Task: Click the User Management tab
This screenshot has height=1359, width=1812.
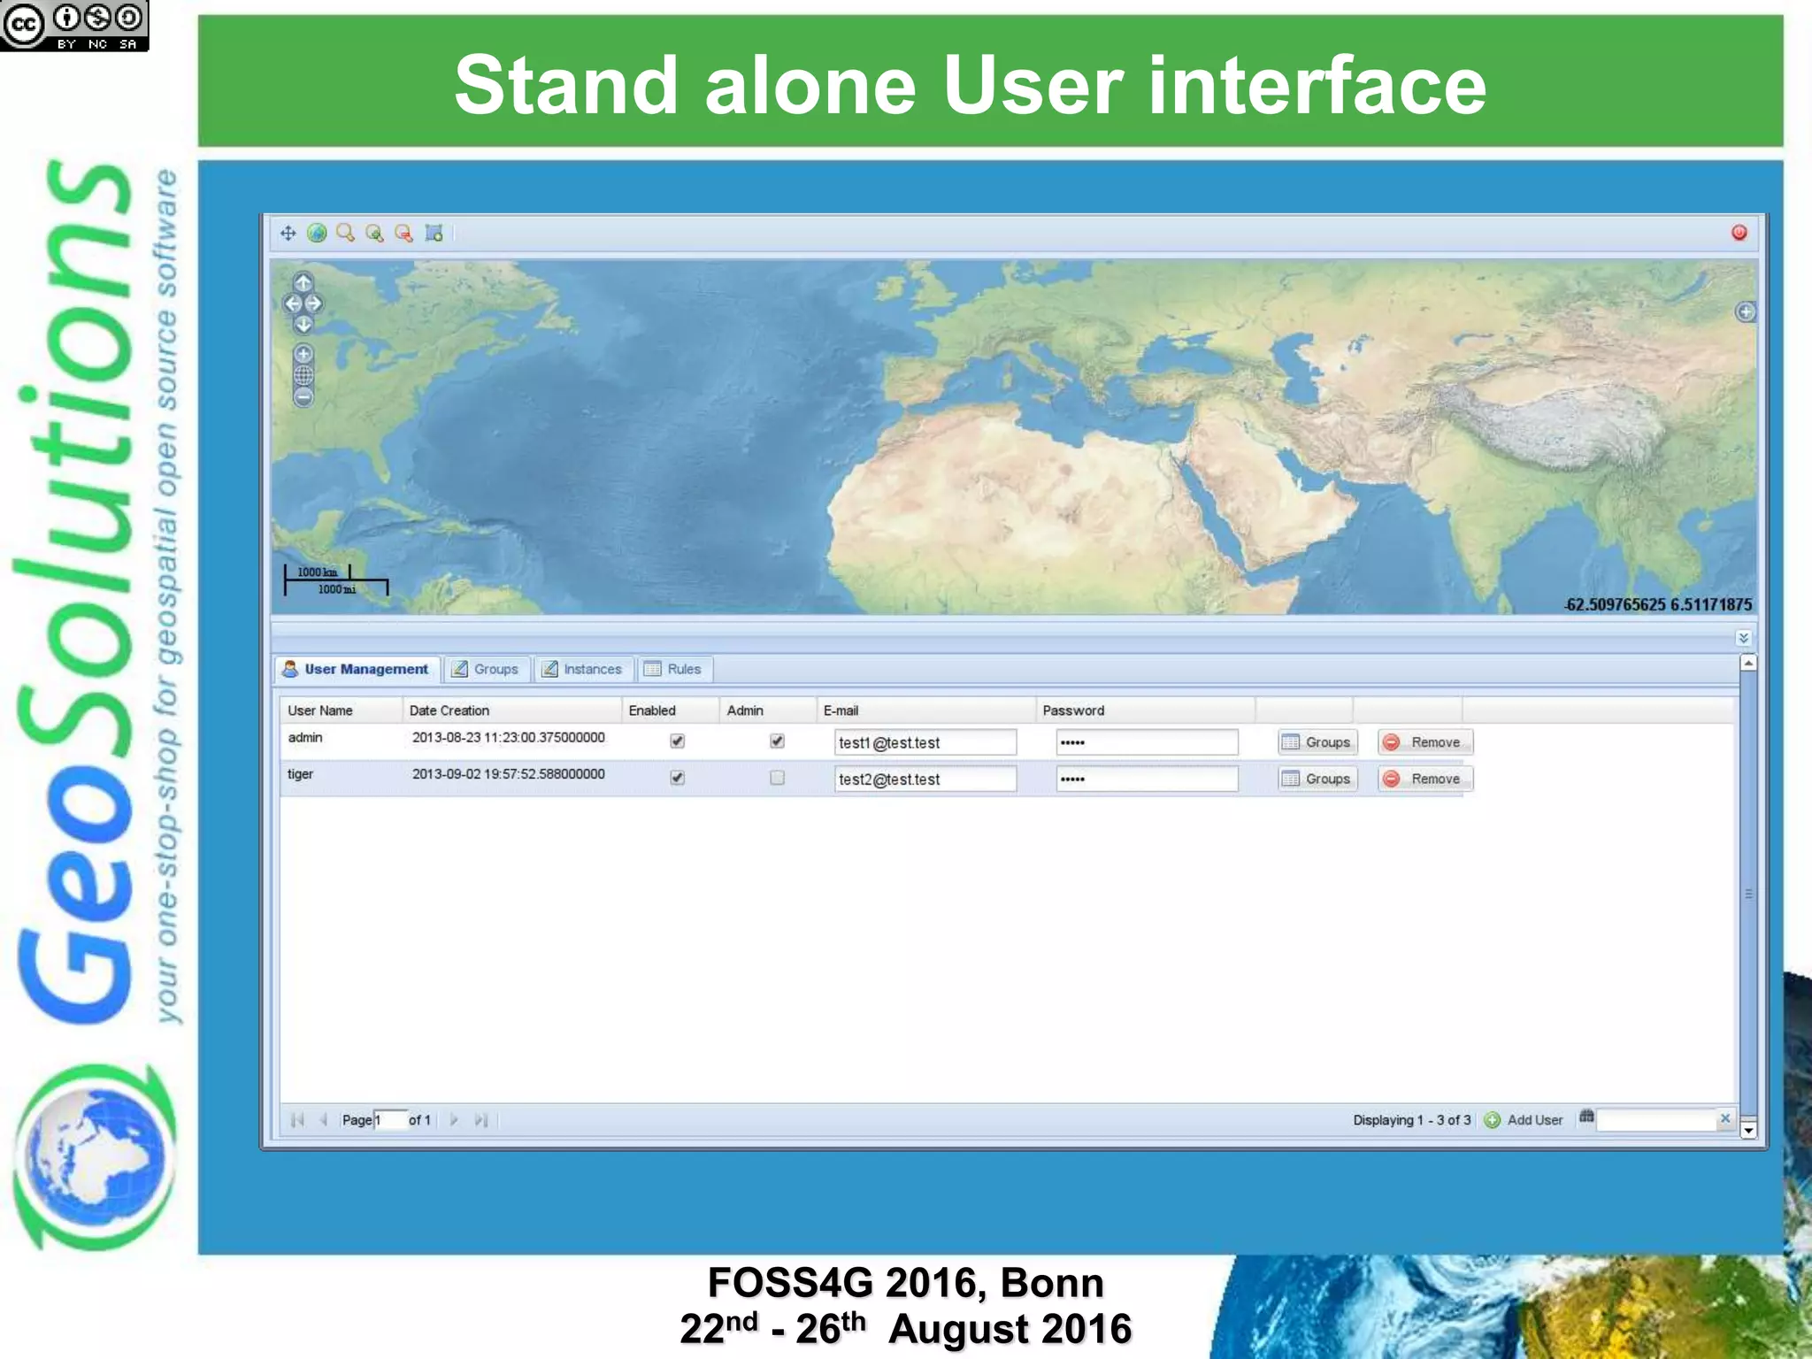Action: click(357, 669)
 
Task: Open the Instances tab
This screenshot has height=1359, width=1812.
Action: click(583, 669)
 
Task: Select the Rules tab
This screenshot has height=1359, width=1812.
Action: click(674, 669)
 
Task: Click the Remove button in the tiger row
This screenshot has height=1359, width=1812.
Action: click(1424, 779)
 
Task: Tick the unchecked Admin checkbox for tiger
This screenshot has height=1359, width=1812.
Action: click(777, 778)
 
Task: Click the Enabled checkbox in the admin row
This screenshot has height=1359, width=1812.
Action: click(677, 741)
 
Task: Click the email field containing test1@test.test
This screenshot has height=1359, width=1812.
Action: click(925, 742)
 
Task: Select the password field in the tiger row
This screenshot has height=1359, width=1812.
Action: click(1147, 779)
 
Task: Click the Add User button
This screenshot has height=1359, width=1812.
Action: click(1524, 1120)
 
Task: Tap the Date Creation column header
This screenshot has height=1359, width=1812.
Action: click(449, 710)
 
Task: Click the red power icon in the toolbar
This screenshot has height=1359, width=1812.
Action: click(1739, 233)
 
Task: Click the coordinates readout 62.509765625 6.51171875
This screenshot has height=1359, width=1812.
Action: click(1658, 605)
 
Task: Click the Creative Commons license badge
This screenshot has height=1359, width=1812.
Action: click(74, 25)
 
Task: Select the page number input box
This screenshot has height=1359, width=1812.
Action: click(390, 1120)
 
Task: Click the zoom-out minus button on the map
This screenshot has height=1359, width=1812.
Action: click(303, 398)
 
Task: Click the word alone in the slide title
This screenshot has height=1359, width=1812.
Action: click(810, 85)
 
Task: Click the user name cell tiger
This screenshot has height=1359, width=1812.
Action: click(301, 774)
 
